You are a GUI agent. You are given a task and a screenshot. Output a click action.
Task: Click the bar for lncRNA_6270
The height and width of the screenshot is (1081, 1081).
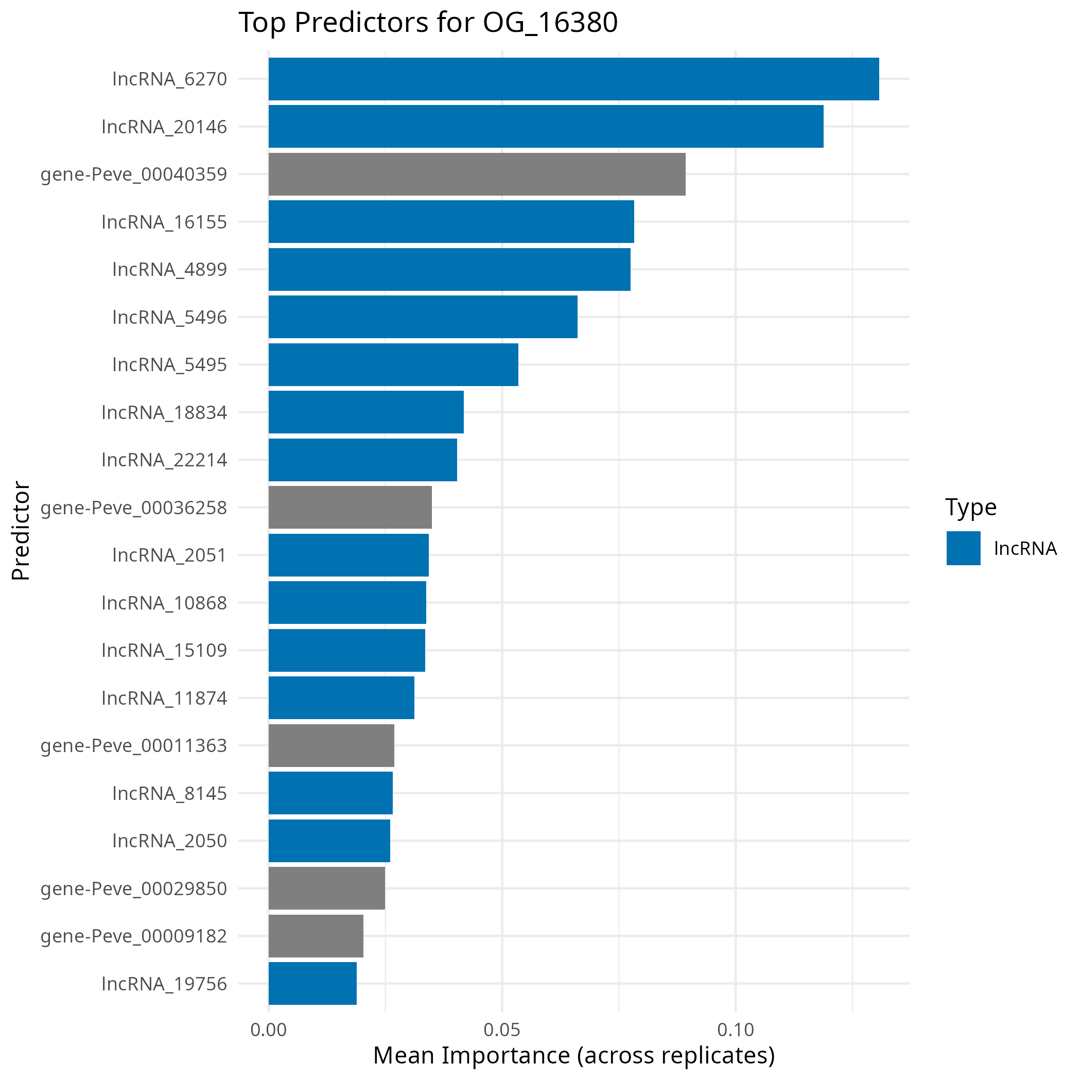573,79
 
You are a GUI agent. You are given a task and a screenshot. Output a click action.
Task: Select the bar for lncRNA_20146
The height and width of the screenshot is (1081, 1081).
546,127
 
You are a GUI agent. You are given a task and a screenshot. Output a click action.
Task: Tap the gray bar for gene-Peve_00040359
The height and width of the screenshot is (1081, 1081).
477,174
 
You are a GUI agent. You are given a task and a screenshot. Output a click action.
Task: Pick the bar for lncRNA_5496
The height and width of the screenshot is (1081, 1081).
423,317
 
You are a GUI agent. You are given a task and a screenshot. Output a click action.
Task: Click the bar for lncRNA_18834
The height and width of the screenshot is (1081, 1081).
366,412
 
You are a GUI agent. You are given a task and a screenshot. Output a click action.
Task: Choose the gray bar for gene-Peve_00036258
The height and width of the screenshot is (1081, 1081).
350,508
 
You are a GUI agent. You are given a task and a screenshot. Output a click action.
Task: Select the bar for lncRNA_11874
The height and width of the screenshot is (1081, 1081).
341,698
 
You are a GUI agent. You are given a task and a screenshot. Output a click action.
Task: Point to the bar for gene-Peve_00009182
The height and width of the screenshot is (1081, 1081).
316,936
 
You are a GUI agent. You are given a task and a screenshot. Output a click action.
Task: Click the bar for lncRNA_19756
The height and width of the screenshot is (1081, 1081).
312,984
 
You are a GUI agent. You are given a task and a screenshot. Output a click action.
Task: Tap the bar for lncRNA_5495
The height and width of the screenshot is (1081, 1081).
393,364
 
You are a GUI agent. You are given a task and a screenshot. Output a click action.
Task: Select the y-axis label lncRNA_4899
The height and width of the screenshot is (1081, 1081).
169,270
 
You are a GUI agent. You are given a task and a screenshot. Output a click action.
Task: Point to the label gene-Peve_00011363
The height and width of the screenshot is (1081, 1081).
134,746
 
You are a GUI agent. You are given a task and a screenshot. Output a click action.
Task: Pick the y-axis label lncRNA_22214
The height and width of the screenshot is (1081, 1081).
164,460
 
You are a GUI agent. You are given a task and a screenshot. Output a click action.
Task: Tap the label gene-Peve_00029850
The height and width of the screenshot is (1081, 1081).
134,888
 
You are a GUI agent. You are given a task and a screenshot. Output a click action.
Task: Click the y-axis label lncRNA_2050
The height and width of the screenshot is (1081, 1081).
169,841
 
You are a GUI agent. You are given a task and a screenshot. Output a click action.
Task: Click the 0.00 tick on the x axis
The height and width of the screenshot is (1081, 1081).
269,1030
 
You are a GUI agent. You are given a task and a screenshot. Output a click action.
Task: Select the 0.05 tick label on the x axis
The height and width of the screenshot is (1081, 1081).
502,1030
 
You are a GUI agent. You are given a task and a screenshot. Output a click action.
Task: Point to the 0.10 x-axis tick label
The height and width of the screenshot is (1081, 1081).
735,1030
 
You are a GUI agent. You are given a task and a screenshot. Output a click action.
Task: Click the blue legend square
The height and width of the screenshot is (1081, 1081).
964,548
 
